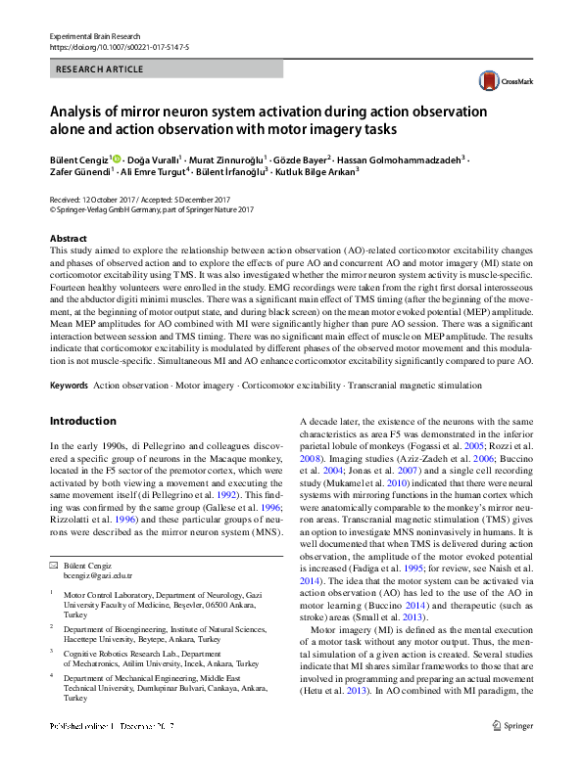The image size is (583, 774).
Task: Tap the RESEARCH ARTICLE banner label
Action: (x=101, y=69)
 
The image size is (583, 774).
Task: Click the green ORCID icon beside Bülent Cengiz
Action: (x=118, y=158)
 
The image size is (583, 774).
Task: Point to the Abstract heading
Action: (x=69, y=239)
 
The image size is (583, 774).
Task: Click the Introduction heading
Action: (x=82, y=421)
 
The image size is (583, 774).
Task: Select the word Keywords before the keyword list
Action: (x=70, y=386)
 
